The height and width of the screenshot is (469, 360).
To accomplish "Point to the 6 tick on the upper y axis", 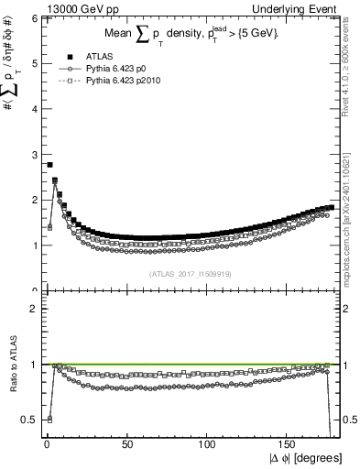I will (x=32, y=18).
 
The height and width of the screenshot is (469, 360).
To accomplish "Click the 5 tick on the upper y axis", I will (x=32, y=63).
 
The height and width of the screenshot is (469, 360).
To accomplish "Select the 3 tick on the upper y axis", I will (x=32, y=154).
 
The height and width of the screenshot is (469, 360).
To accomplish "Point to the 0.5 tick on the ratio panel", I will (x=28, y=420).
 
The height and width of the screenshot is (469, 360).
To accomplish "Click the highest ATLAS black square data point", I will (x=49, y=165).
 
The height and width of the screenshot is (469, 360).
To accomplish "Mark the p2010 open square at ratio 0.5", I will (x=49, y=419).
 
